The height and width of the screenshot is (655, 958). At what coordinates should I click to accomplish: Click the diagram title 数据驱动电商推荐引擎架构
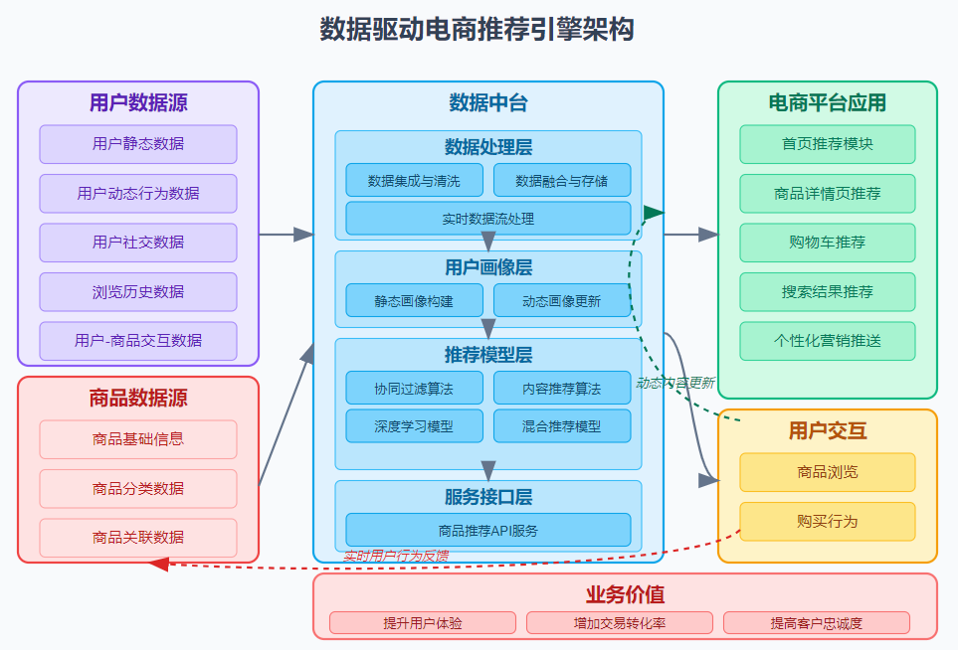(x=477, y=30)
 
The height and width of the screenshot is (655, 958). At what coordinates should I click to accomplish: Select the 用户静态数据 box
(x=138, y=144)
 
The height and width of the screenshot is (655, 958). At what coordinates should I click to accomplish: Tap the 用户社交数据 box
(x=138, y=243)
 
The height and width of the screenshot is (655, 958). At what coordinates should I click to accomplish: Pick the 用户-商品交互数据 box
(x=138, y=341)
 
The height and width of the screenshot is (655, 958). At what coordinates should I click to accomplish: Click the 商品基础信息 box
(x=138, y=439)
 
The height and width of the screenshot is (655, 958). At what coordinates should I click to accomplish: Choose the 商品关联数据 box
(x=138, y=538)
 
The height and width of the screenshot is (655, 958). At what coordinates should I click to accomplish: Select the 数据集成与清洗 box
(x=414, y=181)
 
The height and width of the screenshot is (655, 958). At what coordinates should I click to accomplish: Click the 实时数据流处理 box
(x=487, y=219)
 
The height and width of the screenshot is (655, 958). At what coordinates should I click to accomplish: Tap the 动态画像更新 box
(x=561, y=301)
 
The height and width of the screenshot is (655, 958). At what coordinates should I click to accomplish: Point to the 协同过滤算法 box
(x=414, y=389)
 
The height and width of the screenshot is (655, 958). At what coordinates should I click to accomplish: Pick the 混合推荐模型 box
(x=561, y=426)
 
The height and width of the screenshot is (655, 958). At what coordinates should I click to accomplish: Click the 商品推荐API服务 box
(x=487, y=531)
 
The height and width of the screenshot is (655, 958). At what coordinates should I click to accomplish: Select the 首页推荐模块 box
(x=827, y=144)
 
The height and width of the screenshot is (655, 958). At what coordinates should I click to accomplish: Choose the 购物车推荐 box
(x=827, y=243)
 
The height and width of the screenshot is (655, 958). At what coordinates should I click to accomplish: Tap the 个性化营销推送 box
(x=827, y=341)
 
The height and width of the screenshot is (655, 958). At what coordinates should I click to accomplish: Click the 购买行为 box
(x=827, y=522)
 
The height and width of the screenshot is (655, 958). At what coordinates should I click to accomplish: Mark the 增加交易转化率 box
(x=619, y=623)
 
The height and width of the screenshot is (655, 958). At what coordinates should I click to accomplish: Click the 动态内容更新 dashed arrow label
(x=675, y=383)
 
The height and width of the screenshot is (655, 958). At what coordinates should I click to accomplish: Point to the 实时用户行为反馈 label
(x=396, y=556)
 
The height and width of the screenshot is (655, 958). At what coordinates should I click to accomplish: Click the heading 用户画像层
(x=487, y=267)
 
